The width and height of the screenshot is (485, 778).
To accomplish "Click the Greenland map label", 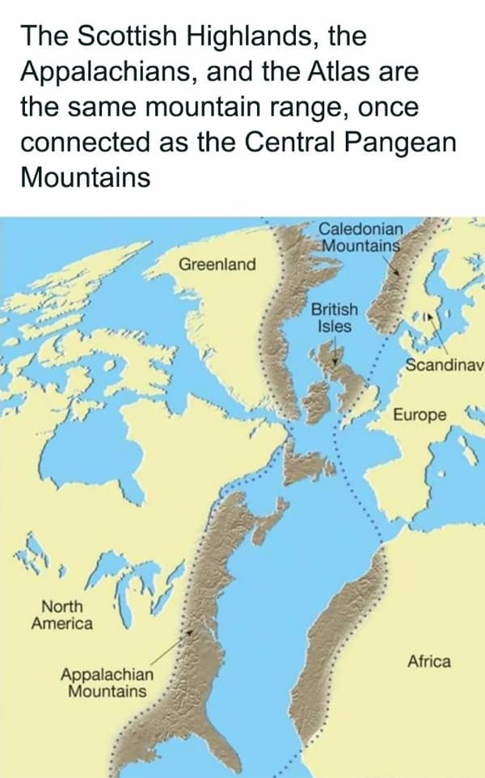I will point(217,264).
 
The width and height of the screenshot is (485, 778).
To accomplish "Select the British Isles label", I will point(335,318).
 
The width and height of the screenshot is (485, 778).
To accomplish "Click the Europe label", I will point(419,415).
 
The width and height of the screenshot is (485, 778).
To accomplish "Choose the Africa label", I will point(429,661).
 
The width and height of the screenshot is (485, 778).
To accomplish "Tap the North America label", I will point(61,614).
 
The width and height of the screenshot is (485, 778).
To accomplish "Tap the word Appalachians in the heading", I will point(110,71).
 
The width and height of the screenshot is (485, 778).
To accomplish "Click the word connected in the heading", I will point(85,142).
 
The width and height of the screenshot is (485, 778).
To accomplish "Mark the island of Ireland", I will point(318,398).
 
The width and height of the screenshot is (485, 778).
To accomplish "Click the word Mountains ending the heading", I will point(85,176).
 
